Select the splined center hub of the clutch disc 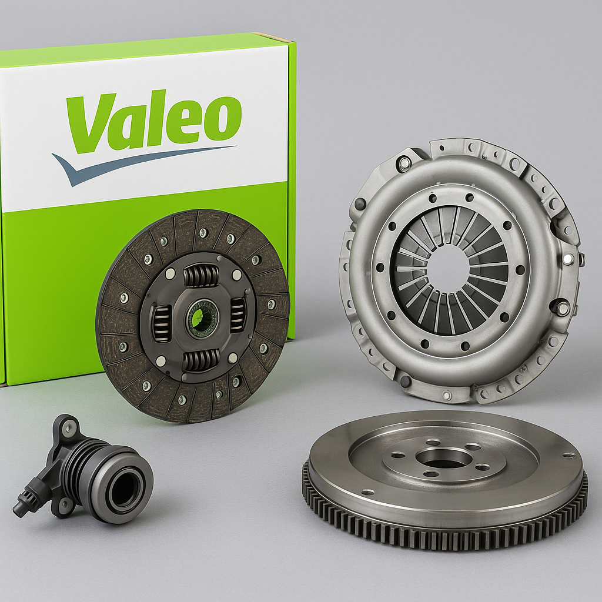pyautogui.click(x=201, y=318)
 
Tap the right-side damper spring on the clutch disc pyautogui.click(x=238, y=315)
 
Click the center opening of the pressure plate pyautogui.click(x=449, y=268)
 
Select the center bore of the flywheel pyautogui.click(x=444, y=458)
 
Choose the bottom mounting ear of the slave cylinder pyautogui.click(x=63, y=504)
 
